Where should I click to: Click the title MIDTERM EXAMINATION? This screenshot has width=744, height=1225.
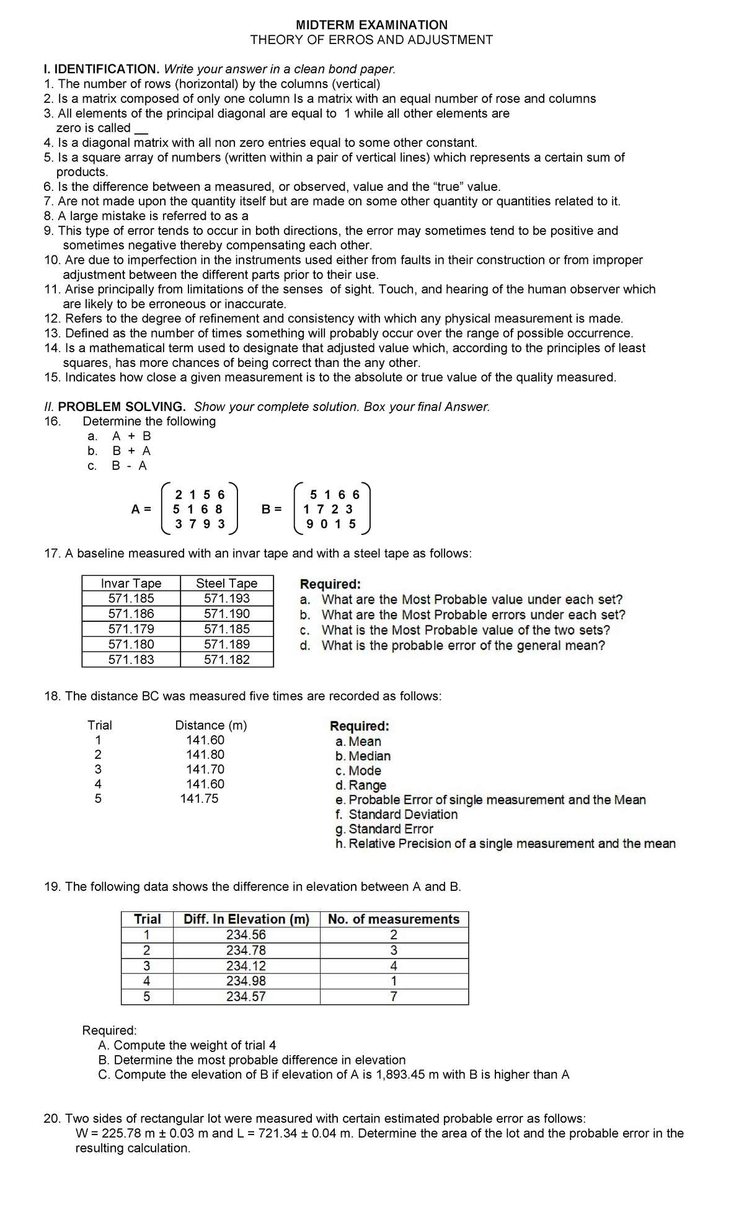pyautogui.click(x=371, y=25)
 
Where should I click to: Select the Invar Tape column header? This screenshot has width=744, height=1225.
pyautogui.click(x=131, y=583)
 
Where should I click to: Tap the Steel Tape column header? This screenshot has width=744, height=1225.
pyautogui.click(x=226, y=583)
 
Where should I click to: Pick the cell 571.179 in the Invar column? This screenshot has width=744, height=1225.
pyautogui.click(x=131, y=629)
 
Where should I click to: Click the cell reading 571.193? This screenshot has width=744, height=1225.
pyautogui.click(x=226, y=599)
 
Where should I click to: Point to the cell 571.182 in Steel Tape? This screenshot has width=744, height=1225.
pyautogui.click(x=226, y=660)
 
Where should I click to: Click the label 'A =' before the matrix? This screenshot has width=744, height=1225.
pyautogui.click(x=141, y=510)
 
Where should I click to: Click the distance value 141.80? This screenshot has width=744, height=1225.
pyautogui.click(x=205, y=755)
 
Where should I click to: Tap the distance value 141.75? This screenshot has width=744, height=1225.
pyautogui.click(x=199, y=799)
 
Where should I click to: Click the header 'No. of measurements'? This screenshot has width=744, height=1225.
pyautogui.click(x=394, y=919)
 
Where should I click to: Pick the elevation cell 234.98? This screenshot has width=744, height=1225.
pyautogui.click(x=246, y=981)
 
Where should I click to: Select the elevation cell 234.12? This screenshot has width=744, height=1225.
pyautogui.click(x=246, y=966)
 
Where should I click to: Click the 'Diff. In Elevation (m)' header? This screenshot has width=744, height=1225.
pyautogui.click(x=246, y=919)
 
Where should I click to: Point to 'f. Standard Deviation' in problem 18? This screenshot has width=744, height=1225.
pyautogui.click(x=396, y=815)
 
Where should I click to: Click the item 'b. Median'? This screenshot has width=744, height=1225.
pyautogui.click(x=363, y=756)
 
